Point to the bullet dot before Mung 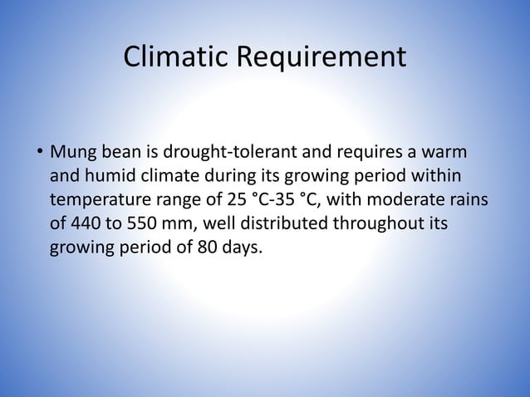(x=39, y=154)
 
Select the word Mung (x=73, y=154)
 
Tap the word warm (x=443, y=154)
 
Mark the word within (x=433, y=177)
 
